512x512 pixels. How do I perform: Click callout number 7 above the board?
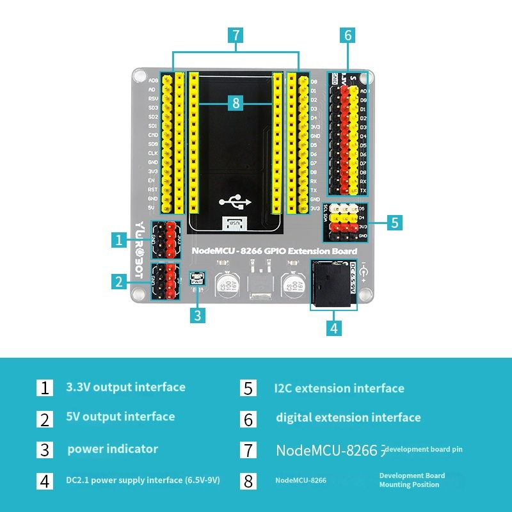coord(236,35)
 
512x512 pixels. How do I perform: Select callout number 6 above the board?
coord(348,35)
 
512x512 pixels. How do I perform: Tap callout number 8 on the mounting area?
coord(236,102)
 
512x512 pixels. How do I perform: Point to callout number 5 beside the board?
coord(395,222)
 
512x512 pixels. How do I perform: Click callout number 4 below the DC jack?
coord(333,328)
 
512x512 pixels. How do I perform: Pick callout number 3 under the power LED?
coord(198,315)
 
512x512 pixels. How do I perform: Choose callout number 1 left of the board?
coord(119,240)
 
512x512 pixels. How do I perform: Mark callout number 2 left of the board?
coord(118,281)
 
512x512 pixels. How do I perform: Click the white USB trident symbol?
coord(234,202)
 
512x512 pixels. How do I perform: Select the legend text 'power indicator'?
coord(113,449)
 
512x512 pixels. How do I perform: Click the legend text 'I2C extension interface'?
coord(339,388)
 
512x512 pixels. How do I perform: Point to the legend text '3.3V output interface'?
coord(125,387)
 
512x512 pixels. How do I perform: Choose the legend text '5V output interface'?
coord(120,417)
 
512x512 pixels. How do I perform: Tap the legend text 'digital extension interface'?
coord(348,418)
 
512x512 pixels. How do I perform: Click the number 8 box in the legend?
coord(248,481)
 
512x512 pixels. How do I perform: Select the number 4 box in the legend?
coord(44,481)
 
